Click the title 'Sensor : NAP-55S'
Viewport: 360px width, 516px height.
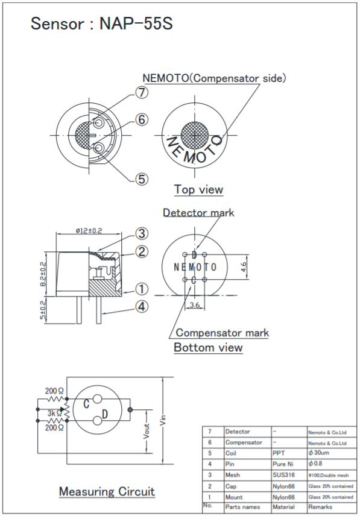tap(102, 24)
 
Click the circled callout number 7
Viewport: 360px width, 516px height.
tap(142, 92)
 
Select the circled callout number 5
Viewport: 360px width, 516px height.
tap(142, 180)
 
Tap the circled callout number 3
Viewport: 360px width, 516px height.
tap(142, 234)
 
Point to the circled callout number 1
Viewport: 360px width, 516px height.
tap(142, 289)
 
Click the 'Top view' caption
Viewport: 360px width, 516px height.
tap(199, 189)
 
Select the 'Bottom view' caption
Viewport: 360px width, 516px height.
tap(208, 347)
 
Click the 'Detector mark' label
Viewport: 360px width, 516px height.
tap(198, 213)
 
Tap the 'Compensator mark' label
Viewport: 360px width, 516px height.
tap(223, 333)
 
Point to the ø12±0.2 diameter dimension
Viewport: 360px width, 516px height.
tap(89, 231)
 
